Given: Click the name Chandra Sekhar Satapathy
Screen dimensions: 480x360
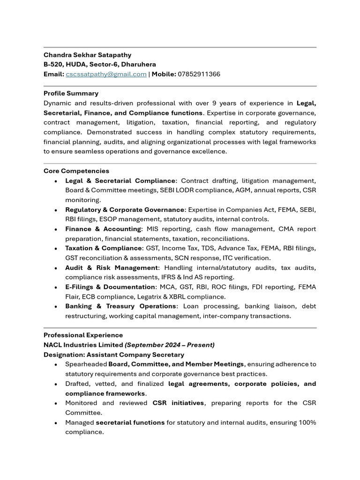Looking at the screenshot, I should (x=87, y=55).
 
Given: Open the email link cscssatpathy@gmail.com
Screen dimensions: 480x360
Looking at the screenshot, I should (x=106, y=74).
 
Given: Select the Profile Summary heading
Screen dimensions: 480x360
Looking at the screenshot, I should (x=71, y=93).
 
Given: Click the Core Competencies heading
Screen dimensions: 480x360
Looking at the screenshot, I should (x=76, y=171).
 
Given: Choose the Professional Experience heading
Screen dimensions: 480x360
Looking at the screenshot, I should (x=83, y=335).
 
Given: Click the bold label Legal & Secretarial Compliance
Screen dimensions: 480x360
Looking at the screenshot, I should (x=120, y=180).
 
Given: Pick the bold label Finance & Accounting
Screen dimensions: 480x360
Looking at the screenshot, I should (x=103, y=229).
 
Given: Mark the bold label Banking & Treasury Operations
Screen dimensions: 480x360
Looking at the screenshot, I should (x=120, y=306).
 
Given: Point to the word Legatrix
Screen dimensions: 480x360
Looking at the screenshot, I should (x=165, y=297).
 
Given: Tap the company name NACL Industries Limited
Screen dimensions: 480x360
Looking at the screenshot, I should (x=83, y=345).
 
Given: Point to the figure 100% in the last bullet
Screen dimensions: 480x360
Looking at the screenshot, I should (x=307, y=422).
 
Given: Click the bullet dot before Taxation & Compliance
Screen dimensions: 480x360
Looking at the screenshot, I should (x=56, y=248).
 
